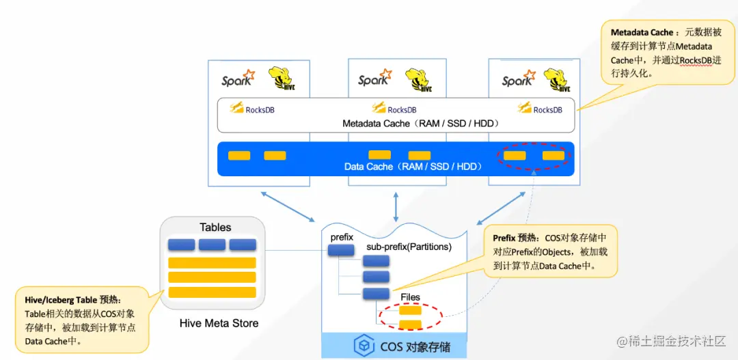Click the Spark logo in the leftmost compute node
click(x=238, y=79)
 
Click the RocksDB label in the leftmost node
click(x=260, y=109)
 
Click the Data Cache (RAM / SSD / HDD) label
click(x=413, y=167)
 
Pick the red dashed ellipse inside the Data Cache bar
click(x=534, y=156)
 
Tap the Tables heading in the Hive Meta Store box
click(x=215, y=227)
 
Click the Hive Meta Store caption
click(x=219, y=323)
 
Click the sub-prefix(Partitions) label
click(x=409, y=247)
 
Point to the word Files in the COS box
click(x=410, y=297)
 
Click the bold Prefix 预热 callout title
click(x=515, y=238)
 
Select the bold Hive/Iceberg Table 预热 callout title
click(x=72, y=299)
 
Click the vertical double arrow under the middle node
click(x=396, y=204)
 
